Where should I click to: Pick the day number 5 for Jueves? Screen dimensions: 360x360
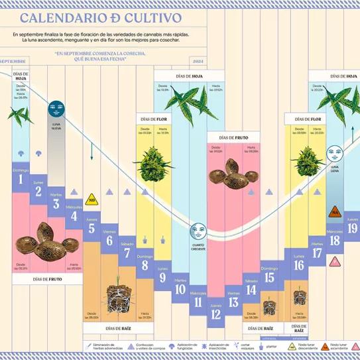coord(91,229)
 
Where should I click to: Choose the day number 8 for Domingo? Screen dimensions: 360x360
coord(145,266)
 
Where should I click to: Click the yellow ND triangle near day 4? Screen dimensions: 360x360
coord(91,198)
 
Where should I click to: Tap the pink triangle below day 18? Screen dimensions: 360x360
coord(335,261)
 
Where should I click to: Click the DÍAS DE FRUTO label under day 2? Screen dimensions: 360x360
coord(46,279)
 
